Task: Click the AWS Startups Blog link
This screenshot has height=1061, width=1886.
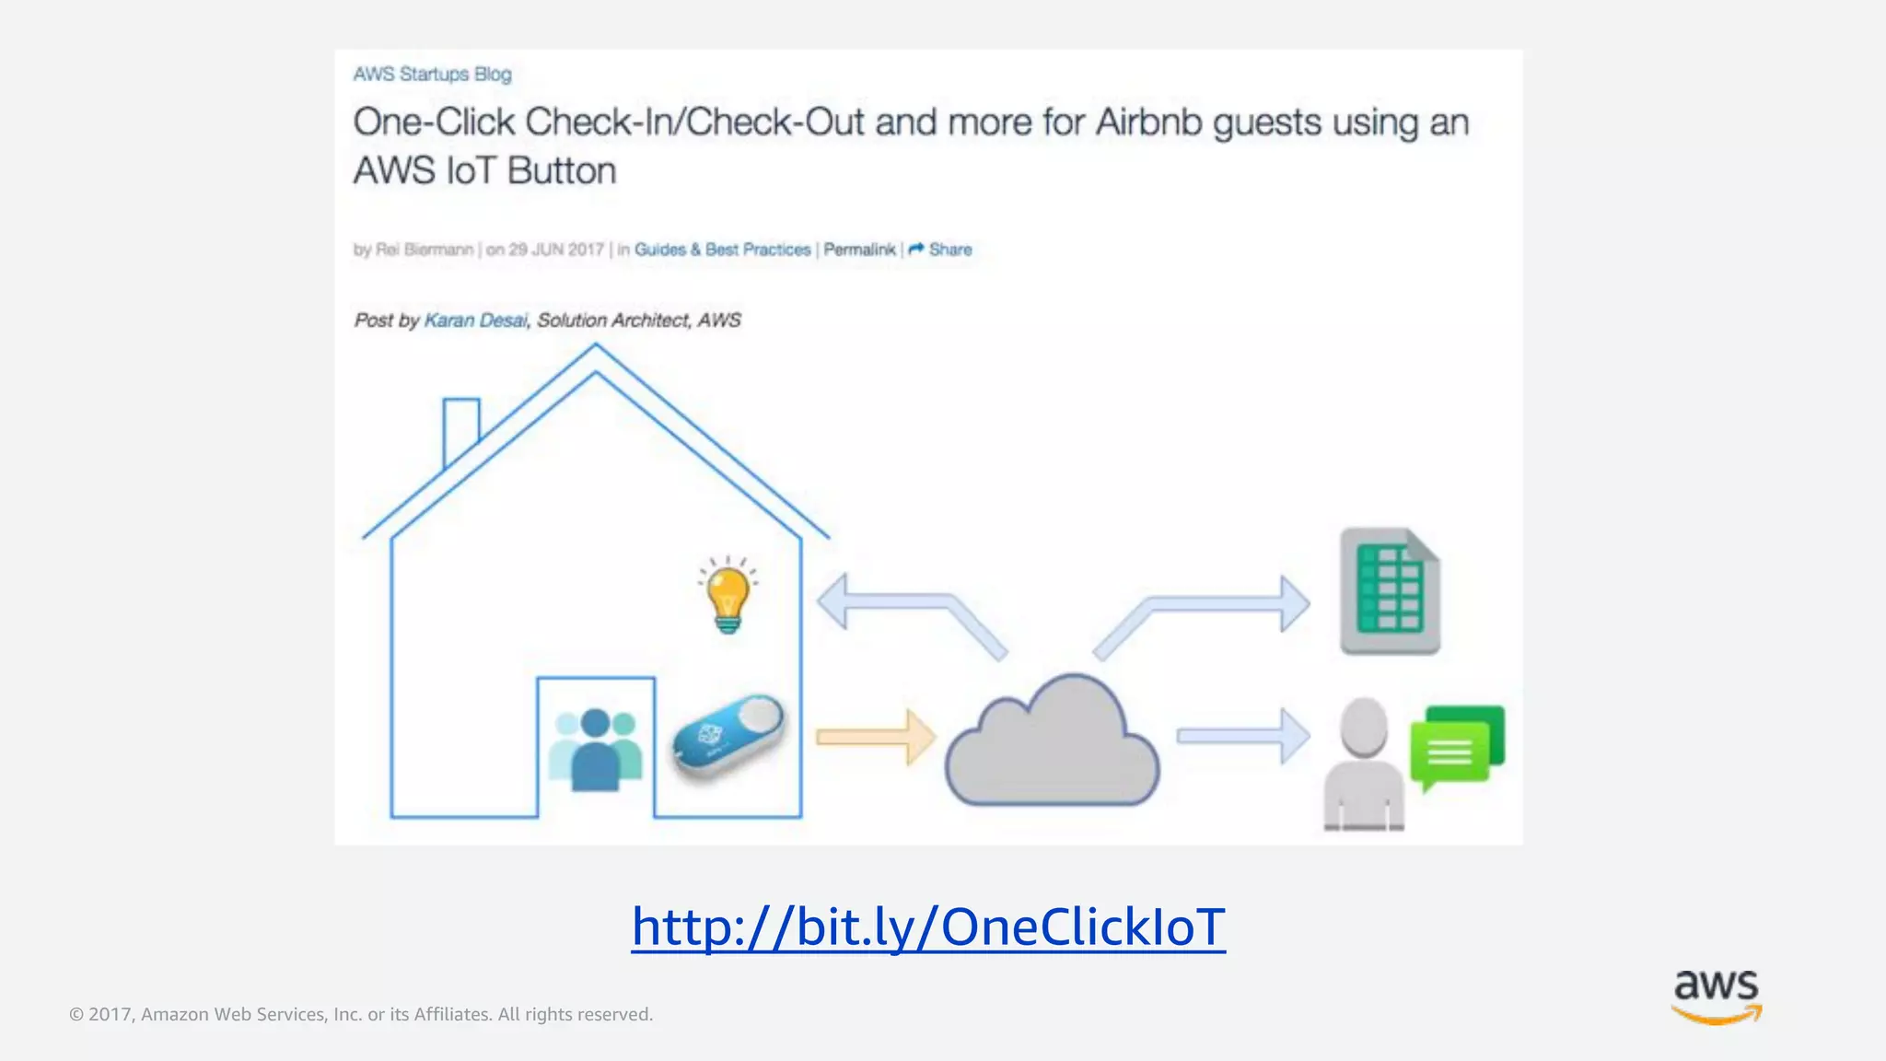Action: (432, 74)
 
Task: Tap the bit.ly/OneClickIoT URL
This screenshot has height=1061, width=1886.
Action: (928, 927)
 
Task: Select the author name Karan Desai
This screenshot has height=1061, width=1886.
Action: (475, 321)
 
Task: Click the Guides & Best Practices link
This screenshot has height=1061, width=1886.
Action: (722, 250)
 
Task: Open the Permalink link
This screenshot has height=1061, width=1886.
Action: (858, 250)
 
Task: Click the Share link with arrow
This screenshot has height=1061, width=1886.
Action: (940, 250)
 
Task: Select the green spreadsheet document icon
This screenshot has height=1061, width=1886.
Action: (1390, 591)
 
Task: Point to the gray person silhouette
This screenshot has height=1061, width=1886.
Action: (1364, 764)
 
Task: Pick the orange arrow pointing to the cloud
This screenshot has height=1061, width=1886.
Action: (876, 737)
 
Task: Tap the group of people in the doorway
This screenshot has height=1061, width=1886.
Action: (595, 750)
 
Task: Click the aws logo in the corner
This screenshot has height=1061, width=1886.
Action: (1717, 996)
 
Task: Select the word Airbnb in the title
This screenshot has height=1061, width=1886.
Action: (1148, 122)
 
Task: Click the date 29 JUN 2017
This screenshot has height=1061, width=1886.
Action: (555, 250)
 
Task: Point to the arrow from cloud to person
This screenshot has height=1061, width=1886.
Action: (1243, 736)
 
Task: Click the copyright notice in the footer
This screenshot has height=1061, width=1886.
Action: (361, 1014)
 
